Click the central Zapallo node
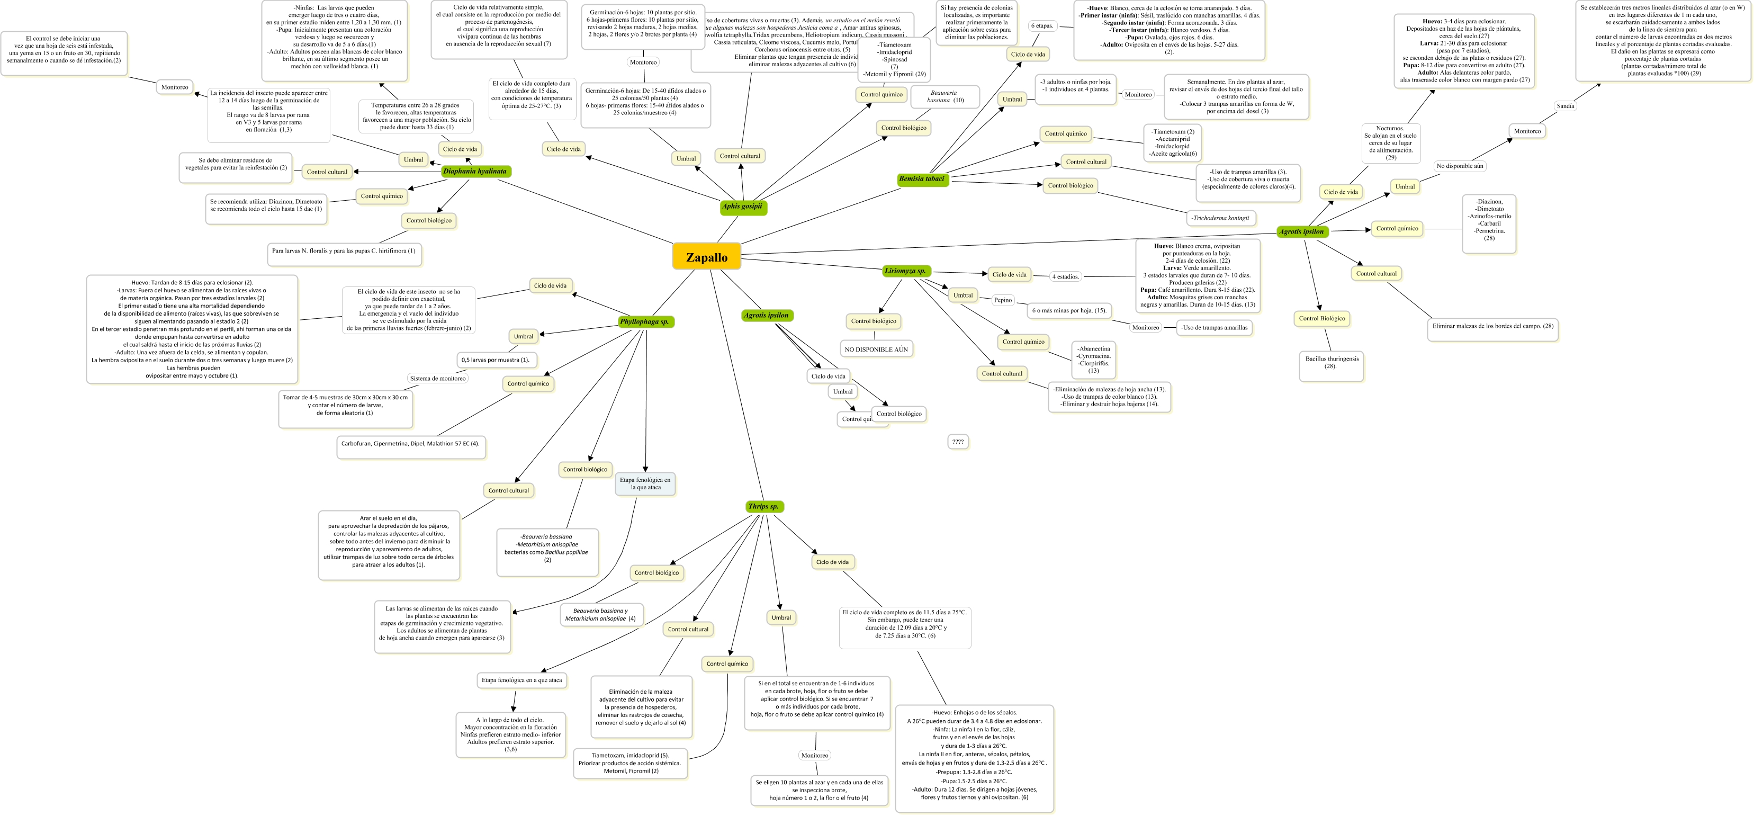point(706,257)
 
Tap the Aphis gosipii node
point(742,207)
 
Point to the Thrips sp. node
point(763,506)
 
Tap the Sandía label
point(1566,105)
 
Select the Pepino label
point(1002,300)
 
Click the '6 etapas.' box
point(1042,26)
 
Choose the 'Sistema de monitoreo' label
point(438,378)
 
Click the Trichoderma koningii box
point(1220,218)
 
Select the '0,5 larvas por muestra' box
point(495,360)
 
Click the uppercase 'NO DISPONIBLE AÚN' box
point(876,349)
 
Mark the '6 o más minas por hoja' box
point(1068,311)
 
